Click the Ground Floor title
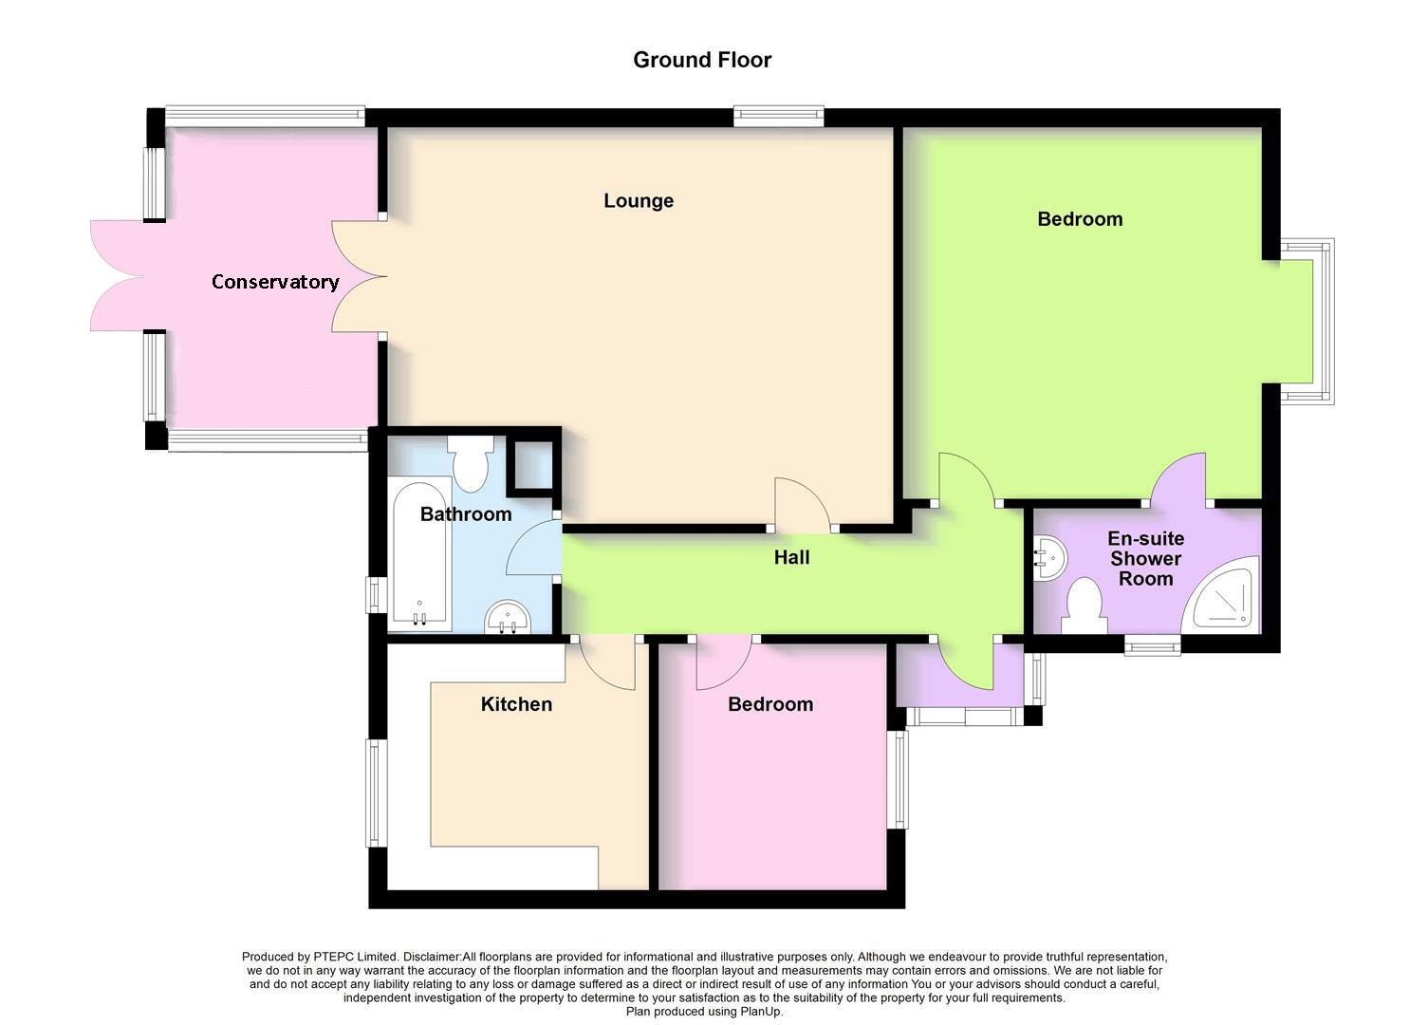click(x=702, y=60)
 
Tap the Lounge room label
click(x=639, y=200)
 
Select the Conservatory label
click(x=274, y=282)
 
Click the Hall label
click(x=791, y=557)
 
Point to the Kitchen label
click(x=516, y=704)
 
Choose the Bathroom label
click(x=466, y=514)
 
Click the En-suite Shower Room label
click(x=1145, y=558)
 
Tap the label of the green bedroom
click(x=1080, y=219)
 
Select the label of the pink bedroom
click(x=769, y=704)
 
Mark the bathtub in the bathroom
click(x=419, y=553)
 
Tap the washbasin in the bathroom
click(x=510, y=618)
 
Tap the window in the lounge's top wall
click(x=778, y=117)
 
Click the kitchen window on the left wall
click(x=378, y=793)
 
